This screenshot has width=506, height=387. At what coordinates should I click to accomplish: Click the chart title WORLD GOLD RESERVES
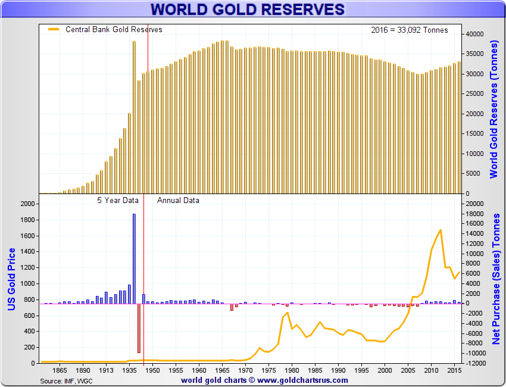tap(247, 10)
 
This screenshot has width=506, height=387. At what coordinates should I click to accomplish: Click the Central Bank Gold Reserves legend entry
tap(113, 29)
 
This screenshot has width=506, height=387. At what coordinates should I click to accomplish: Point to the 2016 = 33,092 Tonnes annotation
tap(409, 30)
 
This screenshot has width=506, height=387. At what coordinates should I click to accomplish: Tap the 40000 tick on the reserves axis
tap(474, 34)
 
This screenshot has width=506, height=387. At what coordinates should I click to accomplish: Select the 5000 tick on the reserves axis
tap(473, 174)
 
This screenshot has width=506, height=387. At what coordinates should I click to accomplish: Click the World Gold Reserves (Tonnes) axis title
tap(493, 110)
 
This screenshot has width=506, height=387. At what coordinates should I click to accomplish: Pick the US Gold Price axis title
tap(11, 280)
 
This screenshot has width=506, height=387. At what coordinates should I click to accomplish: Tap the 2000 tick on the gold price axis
tap(28, 204)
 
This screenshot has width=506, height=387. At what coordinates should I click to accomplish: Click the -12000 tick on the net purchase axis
tap(474, 363)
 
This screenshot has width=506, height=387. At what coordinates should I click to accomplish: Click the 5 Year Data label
tap(118, 201)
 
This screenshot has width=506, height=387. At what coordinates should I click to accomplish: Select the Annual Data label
tap(178, 201)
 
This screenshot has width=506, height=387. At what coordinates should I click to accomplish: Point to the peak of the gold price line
tap(441, 230)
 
